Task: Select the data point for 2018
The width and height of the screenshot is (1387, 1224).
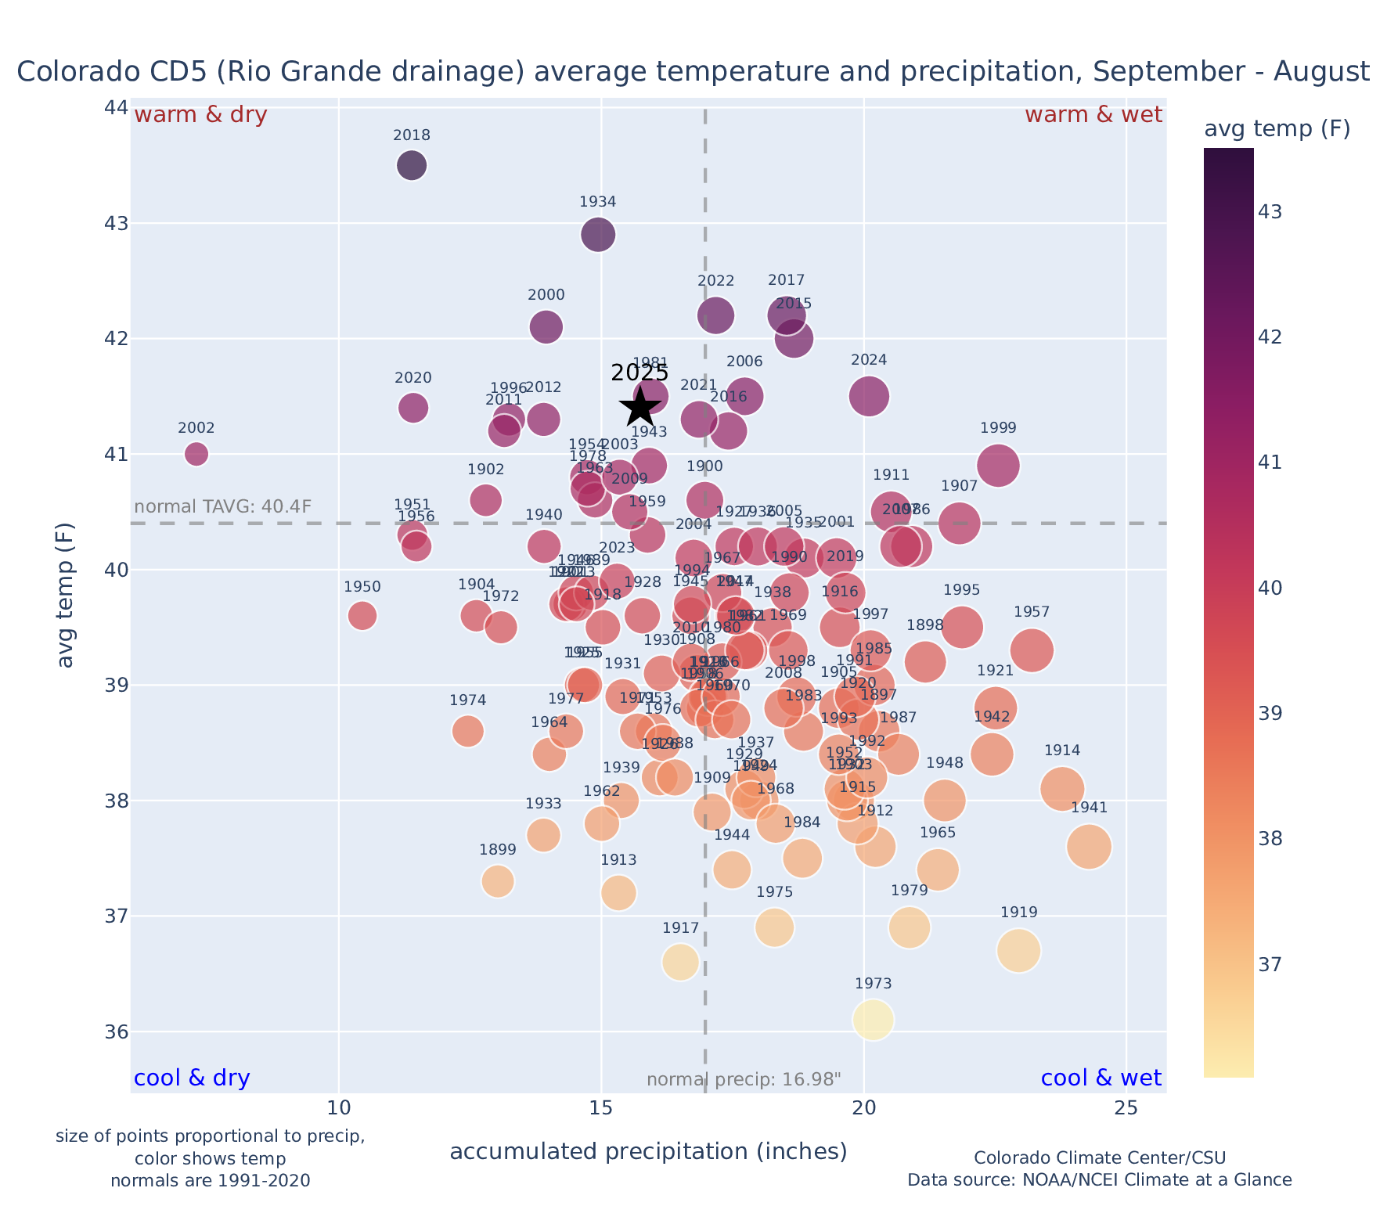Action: pos(412,165)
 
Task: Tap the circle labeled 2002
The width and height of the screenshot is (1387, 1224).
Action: pos(196,454)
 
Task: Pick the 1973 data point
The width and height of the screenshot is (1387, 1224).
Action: pos(874,1020)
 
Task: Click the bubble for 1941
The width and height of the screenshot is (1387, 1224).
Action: pos(1089,847)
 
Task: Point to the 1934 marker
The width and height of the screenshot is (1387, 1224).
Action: pos(598,235)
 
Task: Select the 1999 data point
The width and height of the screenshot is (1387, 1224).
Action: pos(998,466)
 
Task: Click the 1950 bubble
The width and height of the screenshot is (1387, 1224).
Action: pos(362,616)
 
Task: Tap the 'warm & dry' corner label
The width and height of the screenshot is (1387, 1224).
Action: pos(201,115)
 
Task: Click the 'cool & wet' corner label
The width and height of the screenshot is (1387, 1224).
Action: pos(1101,1078)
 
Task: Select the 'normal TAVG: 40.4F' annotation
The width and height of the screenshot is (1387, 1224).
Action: pos(223,506)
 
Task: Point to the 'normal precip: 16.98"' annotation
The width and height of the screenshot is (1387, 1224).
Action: pos(744,1080)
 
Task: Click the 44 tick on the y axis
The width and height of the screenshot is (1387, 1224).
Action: pos(116,107)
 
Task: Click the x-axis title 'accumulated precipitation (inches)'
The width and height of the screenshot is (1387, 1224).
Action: pos(648,1151)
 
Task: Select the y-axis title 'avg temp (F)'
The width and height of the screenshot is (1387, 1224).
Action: pos(67,596)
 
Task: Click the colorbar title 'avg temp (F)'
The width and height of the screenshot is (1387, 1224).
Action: pos(1277,129)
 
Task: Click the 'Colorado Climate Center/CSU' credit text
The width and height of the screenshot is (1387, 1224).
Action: pos(1100,1157)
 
